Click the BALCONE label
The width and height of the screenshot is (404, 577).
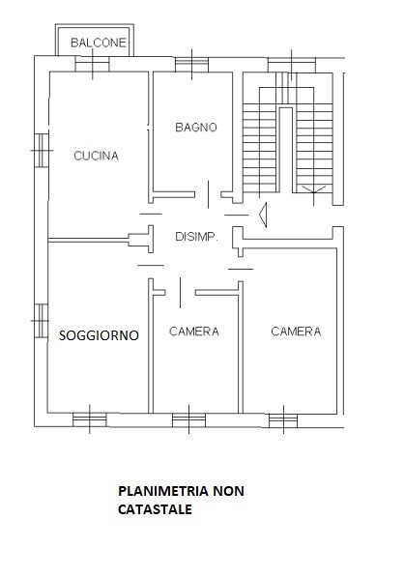point(99,43)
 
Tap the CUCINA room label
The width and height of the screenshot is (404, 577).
point(96,156)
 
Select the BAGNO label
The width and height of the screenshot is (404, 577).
point(196,128)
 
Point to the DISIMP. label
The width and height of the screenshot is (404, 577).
point(196,237)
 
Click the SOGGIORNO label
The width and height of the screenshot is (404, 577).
point(99,335)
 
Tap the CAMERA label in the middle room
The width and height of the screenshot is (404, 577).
point(194,332)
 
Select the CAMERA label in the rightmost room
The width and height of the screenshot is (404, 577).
point(296,332)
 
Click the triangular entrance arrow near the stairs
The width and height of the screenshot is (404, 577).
point(263,215)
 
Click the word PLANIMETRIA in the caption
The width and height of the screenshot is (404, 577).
point(163,491)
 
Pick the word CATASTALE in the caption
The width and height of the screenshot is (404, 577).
point(155,509)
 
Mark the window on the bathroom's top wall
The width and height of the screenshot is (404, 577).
point(191,65)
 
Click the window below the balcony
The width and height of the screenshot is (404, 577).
point(93,64)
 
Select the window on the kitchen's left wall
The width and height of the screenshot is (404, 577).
point(42,150)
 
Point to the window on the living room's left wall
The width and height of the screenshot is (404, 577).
point(42,321)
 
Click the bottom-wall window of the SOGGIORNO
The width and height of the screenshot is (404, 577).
point(90,419)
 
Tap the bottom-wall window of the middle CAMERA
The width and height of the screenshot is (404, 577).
point(188,419)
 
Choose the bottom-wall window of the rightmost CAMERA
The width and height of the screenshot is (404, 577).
point(283,420)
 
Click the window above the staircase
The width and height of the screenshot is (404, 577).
point(292,65)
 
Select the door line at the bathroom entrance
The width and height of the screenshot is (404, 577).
point(209,194)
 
